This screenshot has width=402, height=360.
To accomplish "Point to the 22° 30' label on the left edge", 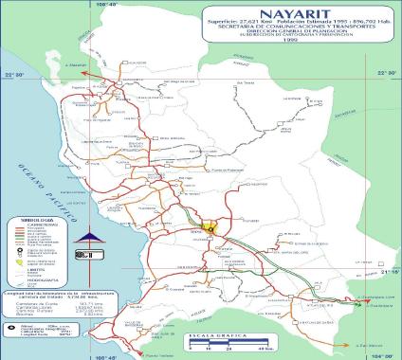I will click(13, 74).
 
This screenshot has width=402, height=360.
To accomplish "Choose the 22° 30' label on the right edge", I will click(387, 74).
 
